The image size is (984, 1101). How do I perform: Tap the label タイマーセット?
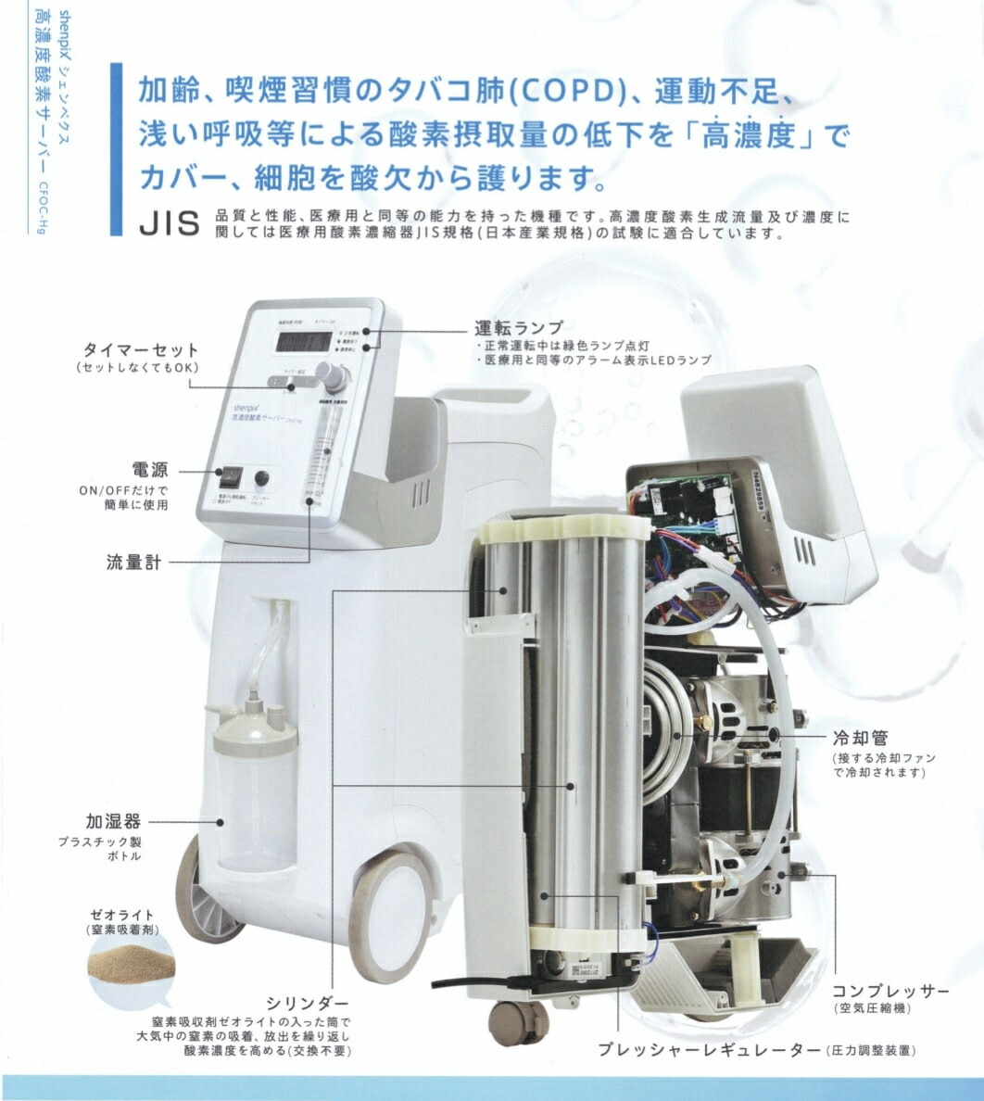(x=141, y=350)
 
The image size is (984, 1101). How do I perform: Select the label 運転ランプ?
(x=518, y=328)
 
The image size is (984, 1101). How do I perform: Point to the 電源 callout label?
(x=149, y=470)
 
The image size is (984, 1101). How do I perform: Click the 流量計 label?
(x=133, y=562)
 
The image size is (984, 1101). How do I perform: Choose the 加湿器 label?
(x=113, y=821)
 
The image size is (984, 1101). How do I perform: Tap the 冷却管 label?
(x=861, y=738)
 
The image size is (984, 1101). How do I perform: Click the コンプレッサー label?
(x=889, y=992)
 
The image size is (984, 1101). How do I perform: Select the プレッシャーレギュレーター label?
(x=709, y=1050)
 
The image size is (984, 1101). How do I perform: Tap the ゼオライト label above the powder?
(x=124, y=915)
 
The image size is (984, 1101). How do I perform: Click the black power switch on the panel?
(x=229, y=477)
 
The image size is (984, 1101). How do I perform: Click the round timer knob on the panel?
(x=331, y=374)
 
